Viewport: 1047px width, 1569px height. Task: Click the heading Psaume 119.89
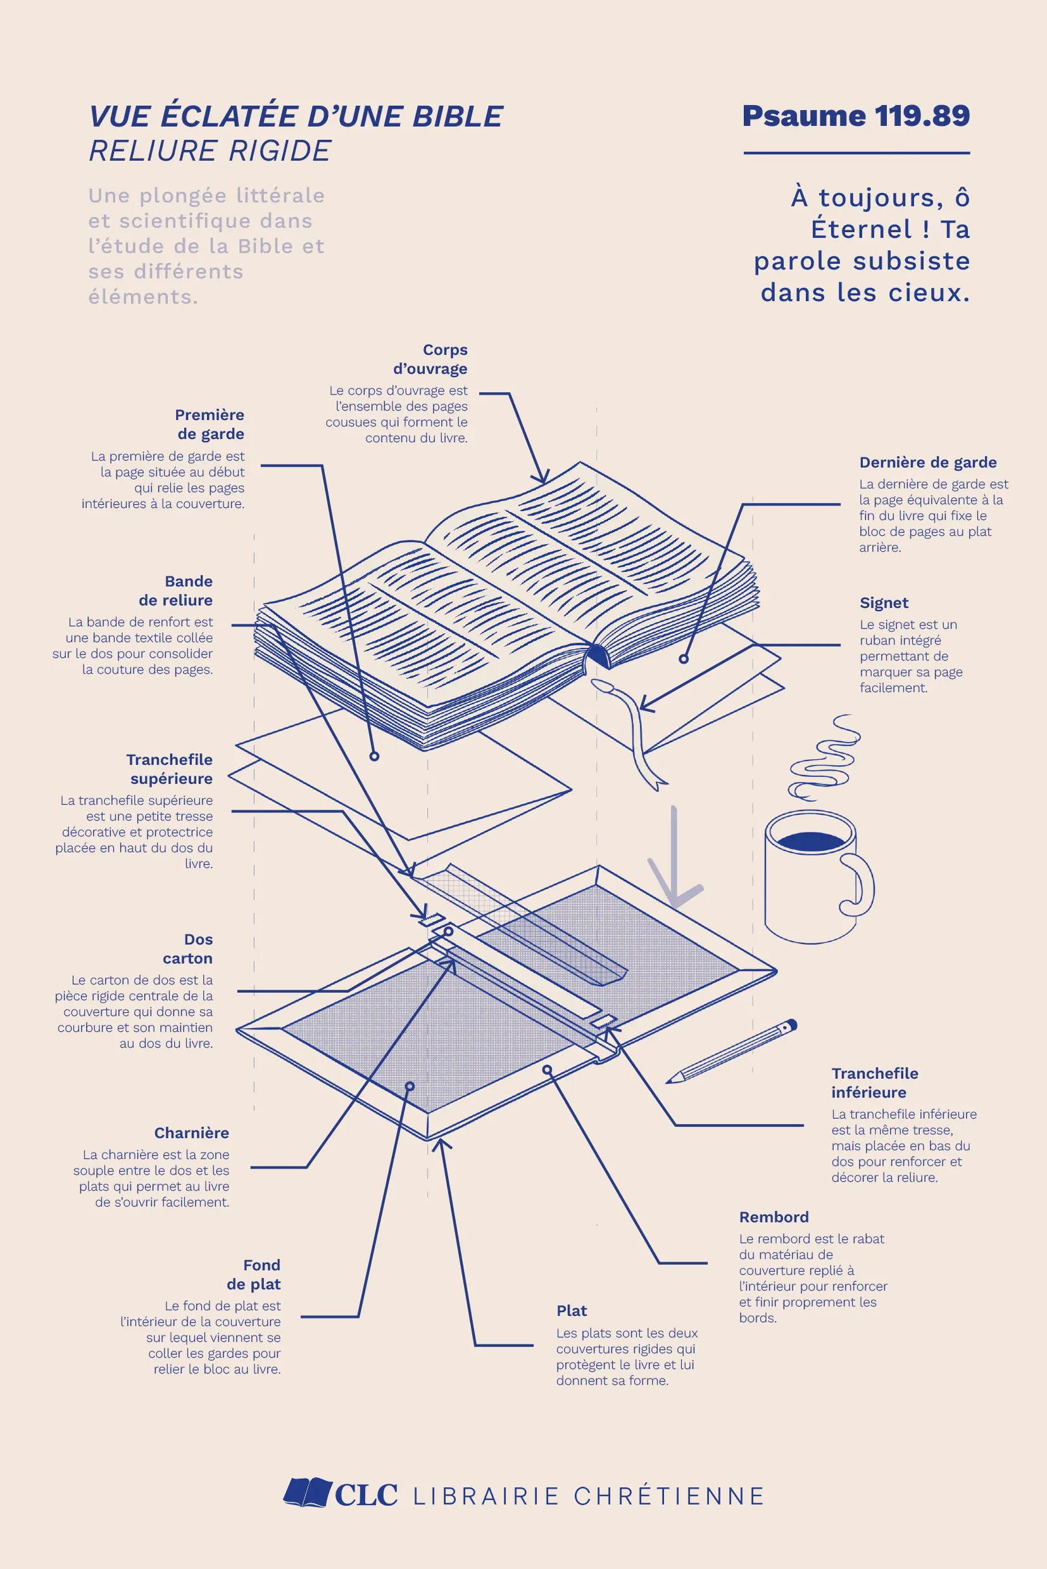coord(855,116)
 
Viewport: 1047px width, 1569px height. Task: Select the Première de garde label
coord(210,424)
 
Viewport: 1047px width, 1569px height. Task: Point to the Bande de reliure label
coord(175,591)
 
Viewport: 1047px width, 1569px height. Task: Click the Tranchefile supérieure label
coord(170,769)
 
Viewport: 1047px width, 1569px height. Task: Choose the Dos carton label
coord(187,948)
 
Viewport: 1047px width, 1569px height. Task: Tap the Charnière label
coord(192,1132)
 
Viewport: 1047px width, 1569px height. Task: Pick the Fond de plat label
coord(254,1274)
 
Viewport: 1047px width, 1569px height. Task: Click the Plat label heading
coord(572,1311)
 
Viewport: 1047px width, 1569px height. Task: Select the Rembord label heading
coord(774,1217)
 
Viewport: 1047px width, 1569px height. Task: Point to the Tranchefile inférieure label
coord(875,1082)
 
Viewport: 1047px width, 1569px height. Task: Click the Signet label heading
coord(884,603)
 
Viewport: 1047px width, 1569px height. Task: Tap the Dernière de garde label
coord(927,462)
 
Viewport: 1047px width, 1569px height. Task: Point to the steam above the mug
coord(825,757)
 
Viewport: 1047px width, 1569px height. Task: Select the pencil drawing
coord(731,1050)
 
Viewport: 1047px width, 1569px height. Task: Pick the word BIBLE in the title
coord(458,116)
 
